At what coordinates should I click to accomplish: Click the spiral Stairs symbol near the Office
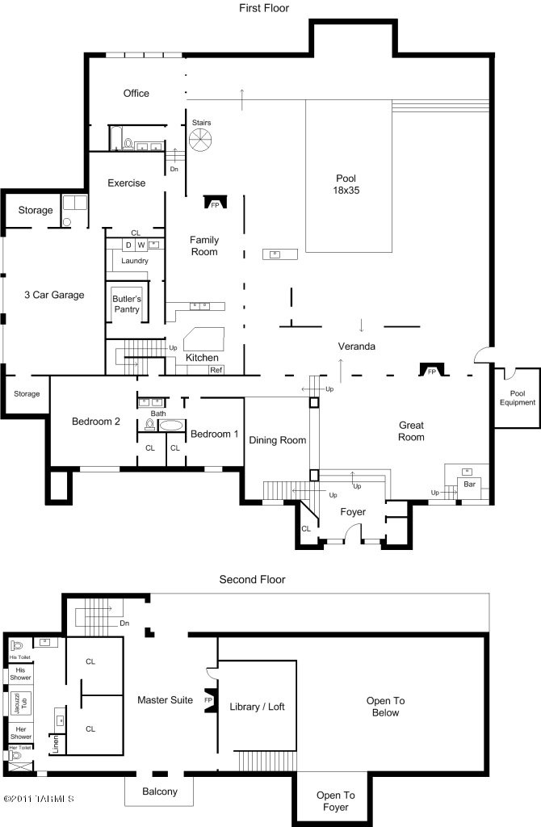click(199, 140)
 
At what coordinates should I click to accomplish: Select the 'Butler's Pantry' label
click(126, 304)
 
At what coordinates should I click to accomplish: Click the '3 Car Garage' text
click(54, 295)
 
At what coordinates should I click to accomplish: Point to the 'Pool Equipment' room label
click(518, 397)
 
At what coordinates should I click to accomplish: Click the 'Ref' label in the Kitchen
click(216, 370)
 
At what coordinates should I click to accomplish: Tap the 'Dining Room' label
click(277, 440)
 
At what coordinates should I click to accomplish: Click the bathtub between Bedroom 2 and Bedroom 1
click(171, 425)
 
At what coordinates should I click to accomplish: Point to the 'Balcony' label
click(159, 791)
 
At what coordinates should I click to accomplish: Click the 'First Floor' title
click(263, 8)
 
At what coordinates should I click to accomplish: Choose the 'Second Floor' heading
click(252, 579)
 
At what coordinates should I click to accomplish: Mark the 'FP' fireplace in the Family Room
click(215, 205)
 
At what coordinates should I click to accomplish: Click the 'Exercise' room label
click(127, 183)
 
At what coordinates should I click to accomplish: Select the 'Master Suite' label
click(165, 699)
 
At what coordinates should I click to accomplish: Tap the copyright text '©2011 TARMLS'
click(38, 799)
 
